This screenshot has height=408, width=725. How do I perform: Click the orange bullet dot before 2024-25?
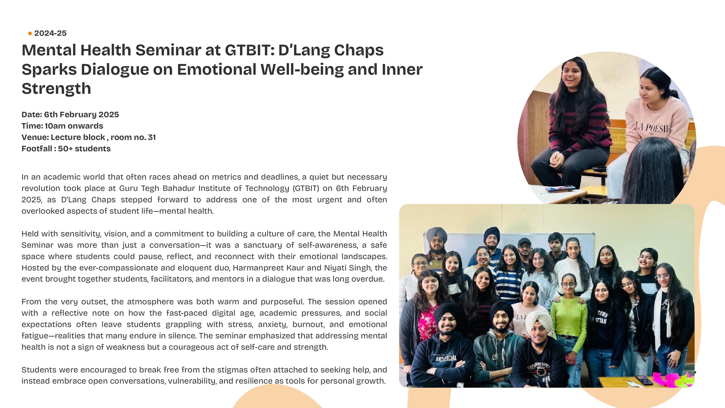(x=30, y=34)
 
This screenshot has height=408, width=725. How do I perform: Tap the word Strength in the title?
(x=56, y=89)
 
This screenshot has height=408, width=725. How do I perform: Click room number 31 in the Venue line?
(x=152, y=137)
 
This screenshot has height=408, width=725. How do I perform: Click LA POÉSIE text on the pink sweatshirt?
(x=653, y=128)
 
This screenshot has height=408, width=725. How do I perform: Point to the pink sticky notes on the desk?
(x=671, y=379)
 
